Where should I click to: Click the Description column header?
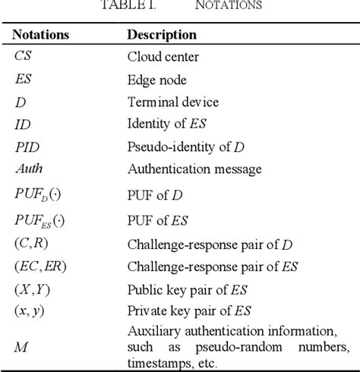[162, 35]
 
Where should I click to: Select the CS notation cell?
[24, 56]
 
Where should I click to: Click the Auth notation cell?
[28, 169]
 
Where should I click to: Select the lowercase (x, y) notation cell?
[30, 311]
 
